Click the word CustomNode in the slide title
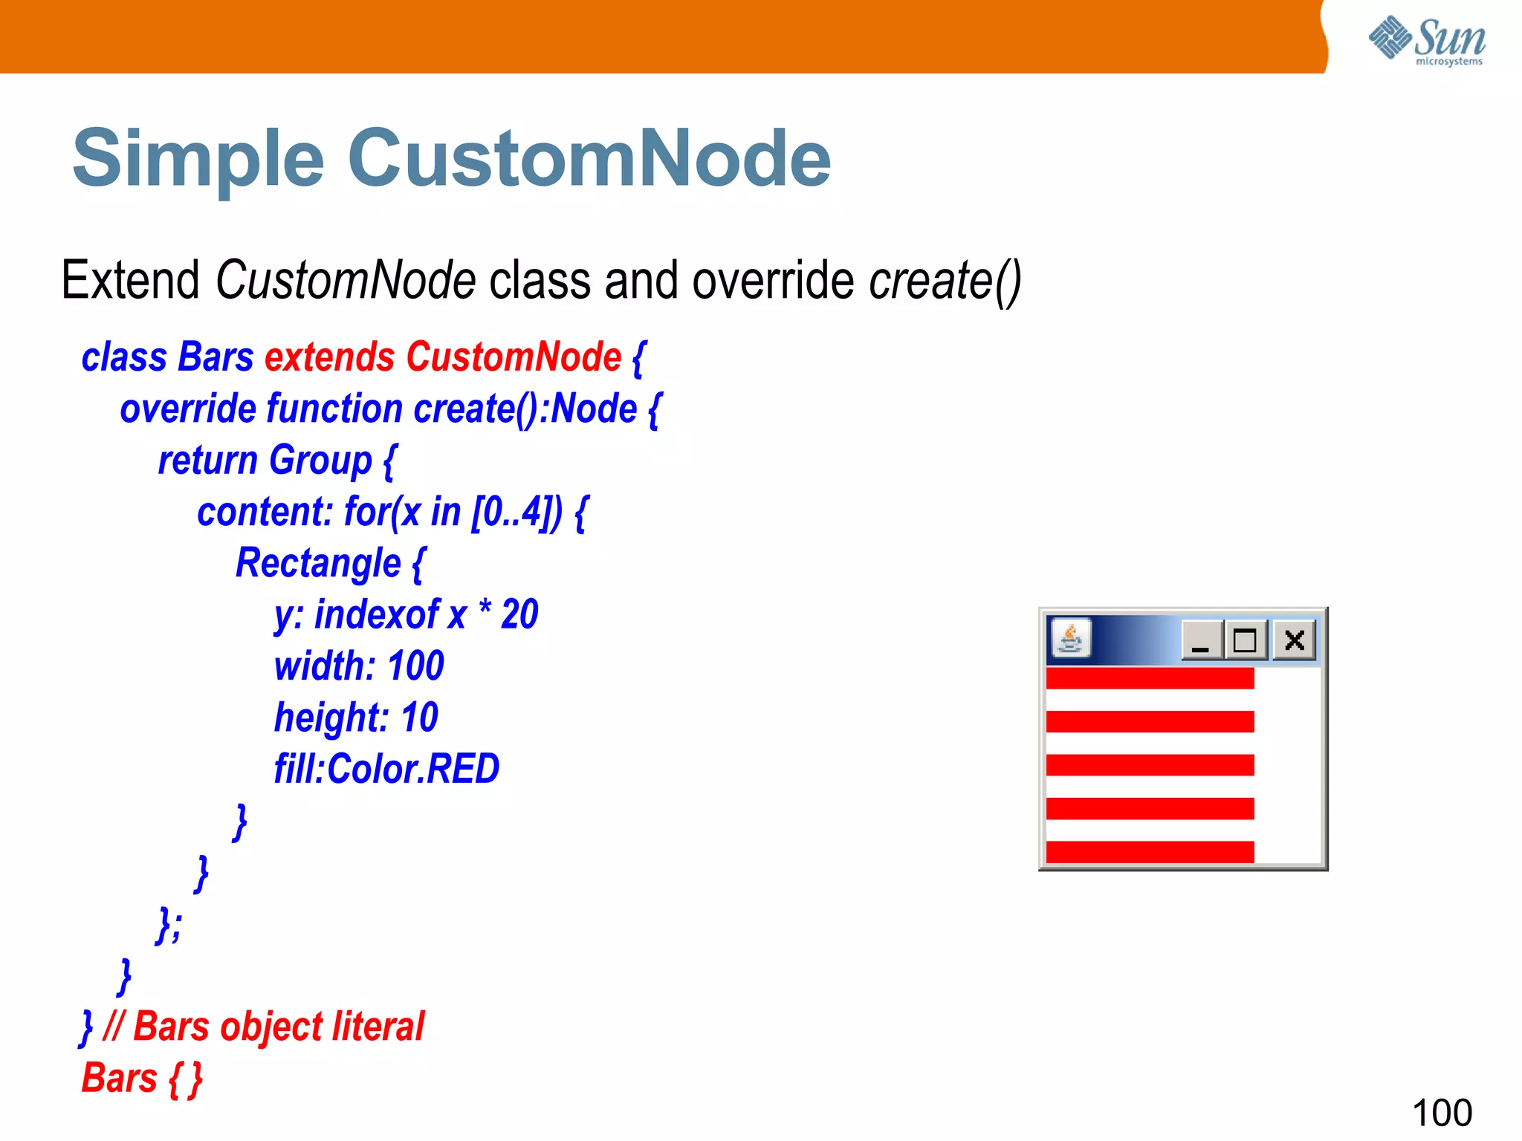(589, 158)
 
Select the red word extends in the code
(329, 357)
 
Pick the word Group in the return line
(320, 461)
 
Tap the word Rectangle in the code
(318, 563)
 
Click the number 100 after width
(415, 666)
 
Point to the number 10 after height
(419, 718)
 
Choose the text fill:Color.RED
(386, 769)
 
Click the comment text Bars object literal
(278, 1027)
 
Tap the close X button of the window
(1294, 640)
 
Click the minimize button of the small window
(1201, 640)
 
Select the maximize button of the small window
(1246, 640)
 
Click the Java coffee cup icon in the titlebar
(1070, 638)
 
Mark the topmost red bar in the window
(1149, 677)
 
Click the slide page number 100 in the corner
(1441, 1113)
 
